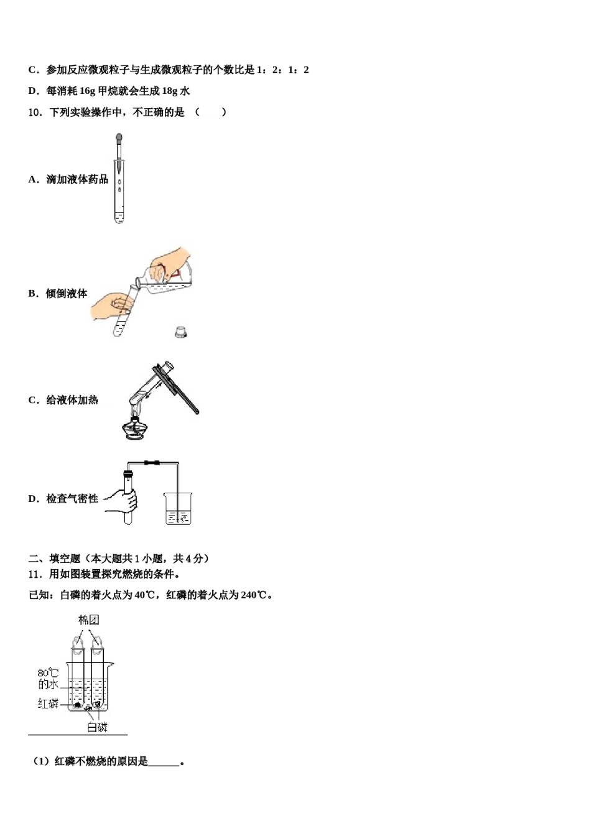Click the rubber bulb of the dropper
click(x=119, y=137)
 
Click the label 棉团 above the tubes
click(x=88, y=620)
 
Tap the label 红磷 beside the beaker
click(x=48, y=704)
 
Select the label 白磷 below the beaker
click(x=97, y=727)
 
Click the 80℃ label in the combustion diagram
click(x=48, y=673)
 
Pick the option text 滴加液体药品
click(x=77, y=179)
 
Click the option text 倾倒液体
click(x=67, y=294)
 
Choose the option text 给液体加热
click(x=72, y=400)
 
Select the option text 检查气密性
click(x=72, y=499)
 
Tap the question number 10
click(x=35, y=113)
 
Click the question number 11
click(x=35, y=574)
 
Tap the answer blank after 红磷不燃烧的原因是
click(x=164, y=762)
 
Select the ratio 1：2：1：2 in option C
click(x=283, y=70)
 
